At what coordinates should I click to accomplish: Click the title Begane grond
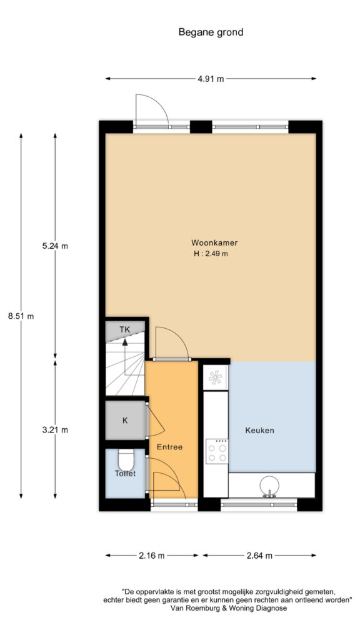point(211,32)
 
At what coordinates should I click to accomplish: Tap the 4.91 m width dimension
point(211,79)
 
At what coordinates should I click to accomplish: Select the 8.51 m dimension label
point(21,316)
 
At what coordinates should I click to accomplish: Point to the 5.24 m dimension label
point(55,246)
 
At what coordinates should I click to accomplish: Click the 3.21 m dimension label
point(55,429)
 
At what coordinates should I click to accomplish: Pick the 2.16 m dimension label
point(152,555)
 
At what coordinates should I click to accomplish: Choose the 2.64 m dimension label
point(259,555)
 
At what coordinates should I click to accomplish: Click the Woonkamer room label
point(214,243)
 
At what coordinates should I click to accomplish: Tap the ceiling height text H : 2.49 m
point(211,254)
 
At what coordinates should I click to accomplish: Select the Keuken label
point(259,430)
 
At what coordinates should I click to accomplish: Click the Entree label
point(169,447)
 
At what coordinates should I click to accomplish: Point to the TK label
point(125,329)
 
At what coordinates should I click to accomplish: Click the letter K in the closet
point(125,421)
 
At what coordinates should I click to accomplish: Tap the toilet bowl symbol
point(126,460)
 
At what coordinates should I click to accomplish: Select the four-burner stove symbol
point(217,451)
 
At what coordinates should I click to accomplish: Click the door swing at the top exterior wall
point(151,109)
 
